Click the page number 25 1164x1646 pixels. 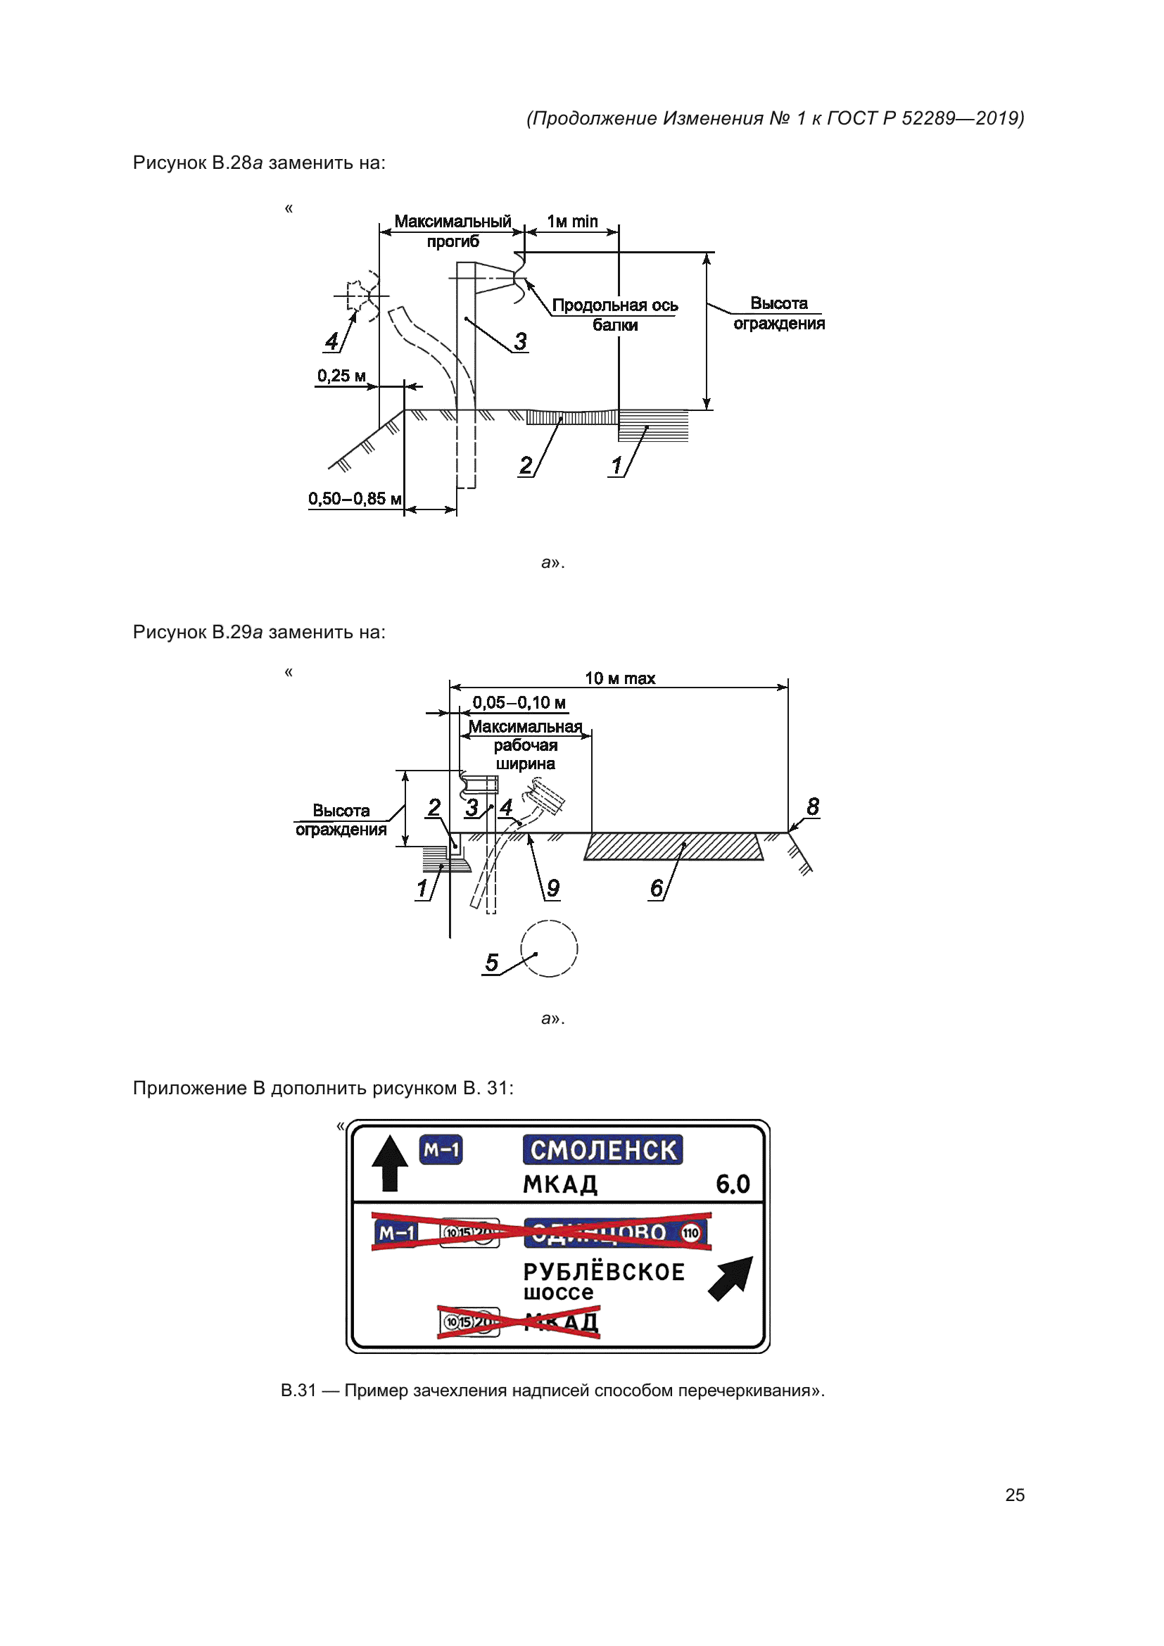tap(1014, 1495)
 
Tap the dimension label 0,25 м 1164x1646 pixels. tap(341, 376)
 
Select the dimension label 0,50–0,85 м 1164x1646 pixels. tap(355, 498)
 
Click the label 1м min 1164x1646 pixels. tap(572, 222)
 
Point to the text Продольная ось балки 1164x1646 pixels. tap(615, 315)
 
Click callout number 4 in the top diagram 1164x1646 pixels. tap(331, 341)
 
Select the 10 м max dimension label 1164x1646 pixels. tap(620, 678)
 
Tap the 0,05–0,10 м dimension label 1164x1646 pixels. tap(519, 702)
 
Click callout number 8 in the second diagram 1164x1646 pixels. tap(812, 806)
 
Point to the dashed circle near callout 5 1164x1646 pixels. tap(549, 949)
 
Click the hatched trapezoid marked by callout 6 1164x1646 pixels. tap(673, 846)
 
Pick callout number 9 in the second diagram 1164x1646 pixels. tap(553, 888)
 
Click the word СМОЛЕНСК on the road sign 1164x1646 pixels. tap(603, 1150)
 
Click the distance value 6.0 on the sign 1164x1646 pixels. tap(733, 1184)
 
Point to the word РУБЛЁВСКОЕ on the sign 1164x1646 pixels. tap(604, 1272)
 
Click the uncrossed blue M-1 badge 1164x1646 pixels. tap(441, 1150)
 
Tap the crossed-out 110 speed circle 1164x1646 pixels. tap(690, 1233)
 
